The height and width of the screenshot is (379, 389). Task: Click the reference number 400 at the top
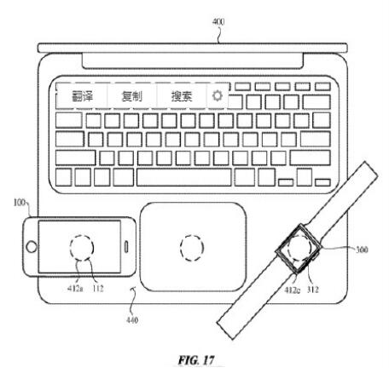pyautogui.click(x=218, y=21)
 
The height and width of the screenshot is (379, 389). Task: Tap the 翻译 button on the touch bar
pyautogui.click(x=82, y=96)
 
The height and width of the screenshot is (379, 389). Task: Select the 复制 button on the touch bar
pyautogui.click(x=131, y=96)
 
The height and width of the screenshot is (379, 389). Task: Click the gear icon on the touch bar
pyautogui.click(x=218, y=95)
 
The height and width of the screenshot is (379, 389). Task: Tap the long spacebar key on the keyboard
pyautogui.click(x=183, y=177)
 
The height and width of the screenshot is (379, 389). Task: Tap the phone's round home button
pyautogui.click(x=32, y=247)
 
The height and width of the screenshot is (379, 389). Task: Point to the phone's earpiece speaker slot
pyautogui.click(x=126, y=247)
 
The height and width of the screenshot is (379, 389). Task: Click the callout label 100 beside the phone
pyautogui.click(x=20, y=203)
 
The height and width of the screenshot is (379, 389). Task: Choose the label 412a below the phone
pyautogui.click(x=75, y=289)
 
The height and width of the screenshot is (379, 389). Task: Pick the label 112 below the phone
pyautogui.click(x=98, y=289)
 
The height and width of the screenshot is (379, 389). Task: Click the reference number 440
pyautogui.click(x=132, y=320)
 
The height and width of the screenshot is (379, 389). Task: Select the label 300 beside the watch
pyautogui.click(x=362, y=250)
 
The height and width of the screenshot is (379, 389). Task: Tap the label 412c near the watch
pyautogui.click(x=292, y=290)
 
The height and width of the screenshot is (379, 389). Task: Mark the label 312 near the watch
pyautogui.click(x=313, y=290)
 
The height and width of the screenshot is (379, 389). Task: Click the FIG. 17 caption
pyautogui.click(x=196, y=360)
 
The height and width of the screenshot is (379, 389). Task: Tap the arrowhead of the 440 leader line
pyautogui.click(x=133, y=289)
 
